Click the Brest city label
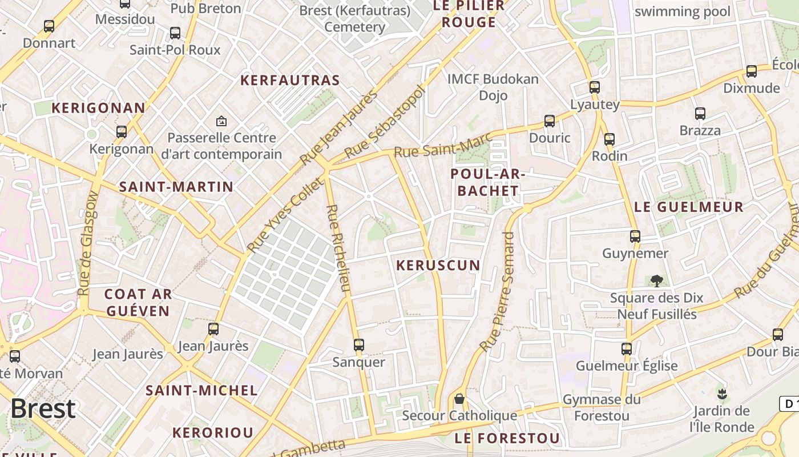(x=43, y=408)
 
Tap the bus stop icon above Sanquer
(x=358, y=345)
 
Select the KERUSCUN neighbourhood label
(x=438, y=265)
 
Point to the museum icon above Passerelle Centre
(x=221, y=121)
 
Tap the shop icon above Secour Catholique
(x=459, y=399)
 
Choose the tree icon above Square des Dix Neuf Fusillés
(x=656, y=280)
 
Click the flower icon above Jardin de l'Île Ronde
(x=722, y=393)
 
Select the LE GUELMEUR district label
(x=689, y=207)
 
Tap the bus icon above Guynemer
(x=635, y=236)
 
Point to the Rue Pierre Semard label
(x=497, y=291)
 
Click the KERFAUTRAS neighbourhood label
(x=290, y=80)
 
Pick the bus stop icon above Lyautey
(x=595, y=87)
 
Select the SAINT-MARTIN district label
(x=176, y=187)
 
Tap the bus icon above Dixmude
(x=752, y=71)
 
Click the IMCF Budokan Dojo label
(x=493, y=87)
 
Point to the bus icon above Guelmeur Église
(x=627, y=348)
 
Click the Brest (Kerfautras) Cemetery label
(x=355, y=19)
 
